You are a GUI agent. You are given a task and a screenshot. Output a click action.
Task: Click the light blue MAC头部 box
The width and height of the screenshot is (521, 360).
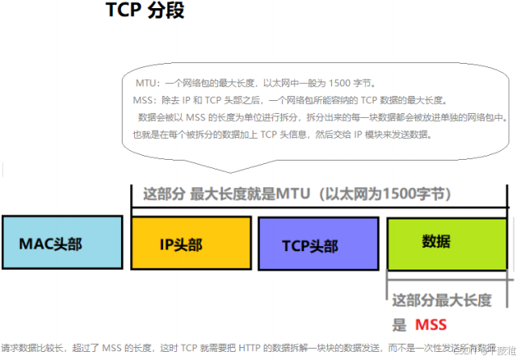coord(61,241)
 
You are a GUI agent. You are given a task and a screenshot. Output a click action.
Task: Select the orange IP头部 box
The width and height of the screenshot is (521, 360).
coord(191,243)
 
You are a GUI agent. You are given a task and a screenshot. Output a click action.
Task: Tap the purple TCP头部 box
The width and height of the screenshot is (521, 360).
coord(317,243)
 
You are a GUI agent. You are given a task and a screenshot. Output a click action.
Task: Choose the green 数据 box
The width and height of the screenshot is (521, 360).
coord(447,241)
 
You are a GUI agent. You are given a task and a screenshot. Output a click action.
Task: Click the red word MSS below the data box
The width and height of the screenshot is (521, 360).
coord(431,325)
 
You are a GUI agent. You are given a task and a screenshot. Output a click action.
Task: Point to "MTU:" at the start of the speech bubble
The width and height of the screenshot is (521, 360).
coord(148,83)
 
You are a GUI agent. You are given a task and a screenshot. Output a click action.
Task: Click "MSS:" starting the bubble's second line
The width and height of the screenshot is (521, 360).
coord(145,100)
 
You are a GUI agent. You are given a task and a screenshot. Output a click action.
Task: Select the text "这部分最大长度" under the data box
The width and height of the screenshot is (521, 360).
coord(441,300)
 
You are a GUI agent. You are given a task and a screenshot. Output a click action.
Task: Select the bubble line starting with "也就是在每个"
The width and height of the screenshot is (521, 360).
coord(282,134)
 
